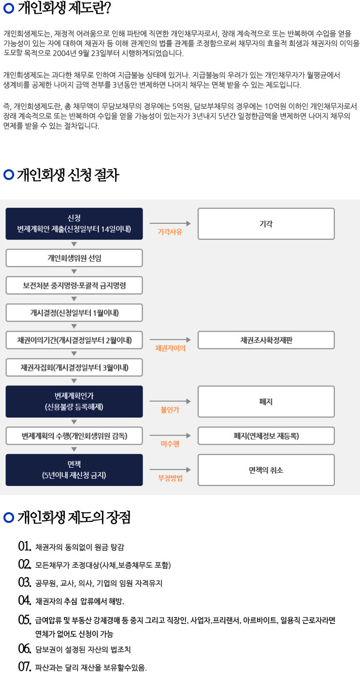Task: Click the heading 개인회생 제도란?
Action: coord(64,8)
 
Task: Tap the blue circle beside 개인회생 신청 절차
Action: coord(9,175)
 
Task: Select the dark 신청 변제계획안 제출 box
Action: coord(74,224)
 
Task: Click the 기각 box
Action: coord(266,224)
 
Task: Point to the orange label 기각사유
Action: coord(170,232)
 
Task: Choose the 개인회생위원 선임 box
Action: coord(74,258)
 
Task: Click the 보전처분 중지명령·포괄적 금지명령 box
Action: coord(74,285)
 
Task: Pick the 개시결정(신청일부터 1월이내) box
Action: coord(74,313)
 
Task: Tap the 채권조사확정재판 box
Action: coord(266,340)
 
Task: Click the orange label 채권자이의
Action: coord(170,348)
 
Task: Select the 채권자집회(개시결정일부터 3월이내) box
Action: coord(74,368)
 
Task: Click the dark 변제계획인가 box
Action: coord(74,401)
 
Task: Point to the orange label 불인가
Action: coord(170,410)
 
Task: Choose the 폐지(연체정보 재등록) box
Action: coord(266,436)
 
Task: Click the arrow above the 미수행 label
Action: coord(170,436)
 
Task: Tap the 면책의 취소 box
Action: coord(266,470)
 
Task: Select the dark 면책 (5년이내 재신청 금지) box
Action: coord(74,470)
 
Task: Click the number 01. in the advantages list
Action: coord(24,546)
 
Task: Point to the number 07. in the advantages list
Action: coord(24,667)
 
